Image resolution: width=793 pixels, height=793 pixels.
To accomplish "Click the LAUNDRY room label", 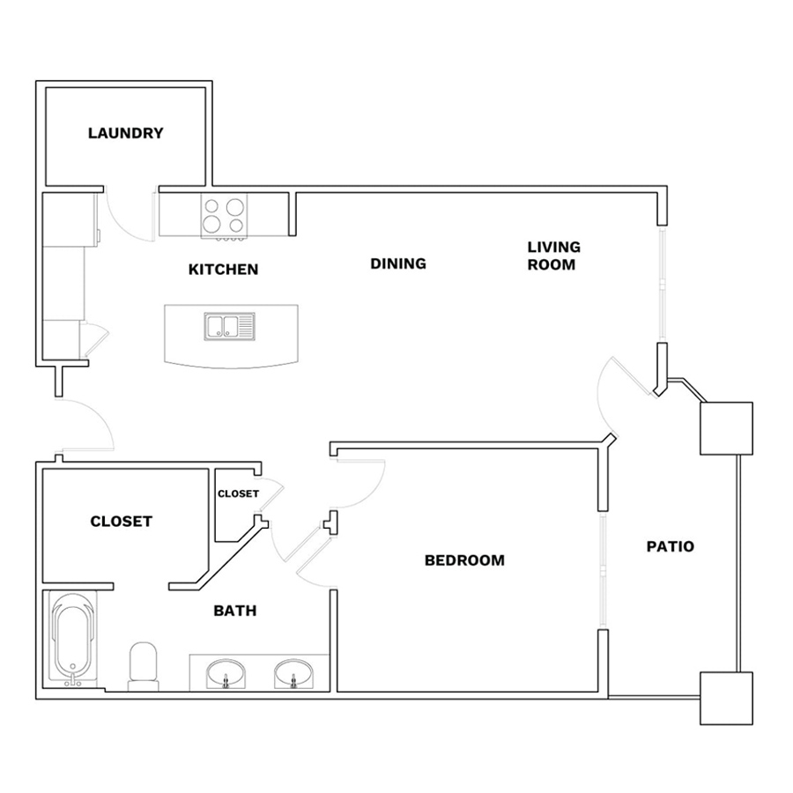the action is (126, 133).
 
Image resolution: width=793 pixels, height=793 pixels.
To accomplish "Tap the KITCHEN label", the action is (223, 269).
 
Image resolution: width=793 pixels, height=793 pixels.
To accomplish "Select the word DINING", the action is (398, 263).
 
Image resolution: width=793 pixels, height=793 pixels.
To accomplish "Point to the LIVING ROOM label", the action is (554, 256).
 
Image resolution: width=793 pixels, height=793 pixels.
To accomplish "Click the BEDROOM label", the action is (464, 560).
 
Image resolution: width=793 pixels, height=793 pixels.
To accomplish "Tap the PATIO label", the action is (671, 546).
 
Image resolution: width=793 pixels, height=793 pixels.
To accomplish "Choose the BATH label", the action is (234, 611).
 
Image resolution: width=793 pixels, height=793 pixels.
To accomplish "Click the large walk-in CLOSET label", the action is (121, 521).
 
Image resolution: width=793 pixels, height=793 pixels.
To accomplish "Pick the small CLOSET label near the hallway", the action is (238, 493).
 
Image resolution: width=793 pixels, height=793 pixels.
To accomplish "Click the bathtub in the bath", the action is (73, 637).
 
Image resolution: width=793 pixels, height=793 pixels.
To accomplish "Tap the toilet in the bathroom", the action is (144, 665).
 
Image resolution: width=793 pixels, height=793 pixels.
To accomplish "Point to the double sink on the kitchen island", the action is (230, 326).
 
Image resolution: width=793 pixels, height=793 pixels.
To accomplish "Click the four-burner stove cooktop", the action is (224, 216).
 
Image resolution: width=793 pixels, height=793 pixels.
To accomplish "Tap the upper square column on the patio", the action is (726, 428).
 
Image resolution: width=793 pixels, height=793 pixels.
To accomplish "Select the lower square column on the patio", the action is (726, 699).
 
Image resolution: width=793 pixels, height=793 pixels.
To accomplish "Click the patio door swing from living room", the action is (600, 396).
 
